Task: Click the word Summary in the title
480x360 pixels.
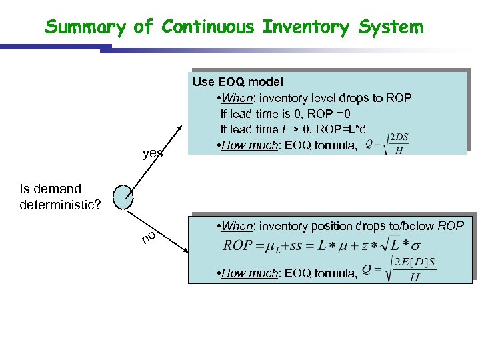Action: pyautogui.click(x=85, y=27)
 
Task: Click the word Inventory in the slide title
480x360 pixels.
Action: pyautogui.click(x=305, y=27)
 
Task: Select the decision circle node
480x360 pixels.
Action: pyautogui.click(x=123, y=197)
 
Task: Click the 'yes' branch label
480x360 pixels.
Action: pyautogui.click(x=153, y=153)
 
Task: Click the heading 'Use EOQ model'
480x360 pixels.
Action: pyautogui.click(x=238, y=82)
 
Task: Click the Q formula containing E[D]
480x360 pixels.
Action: pyautogui.click(x=399, y=269)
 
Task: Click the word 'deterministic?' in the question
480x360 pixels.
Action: pyautogui.click(x=61, y=204)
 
